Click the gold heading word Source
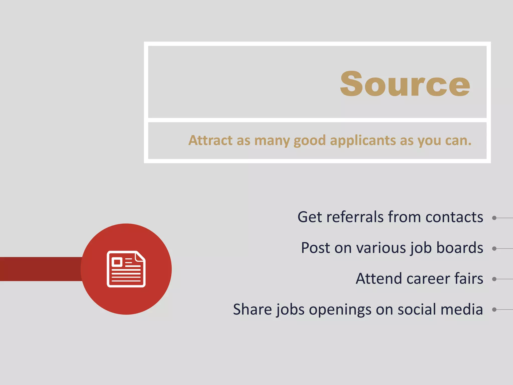coord(405,84)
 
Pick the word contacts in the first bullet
coord(454,217)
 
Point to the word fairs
coord(469,278)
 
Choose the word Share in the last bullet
coord(252,309)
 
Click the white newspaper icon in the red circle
coord(126,269)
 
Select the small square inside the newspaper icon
coord(117,262)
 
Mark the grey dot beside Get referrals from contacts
coord(494,218)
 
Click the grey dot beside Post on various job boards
coord(494,249)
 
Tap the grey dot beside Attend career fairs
coord(494,279)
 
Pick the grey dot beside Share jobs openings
coord(494,310)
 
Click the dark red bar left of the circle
coord(40,269)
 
